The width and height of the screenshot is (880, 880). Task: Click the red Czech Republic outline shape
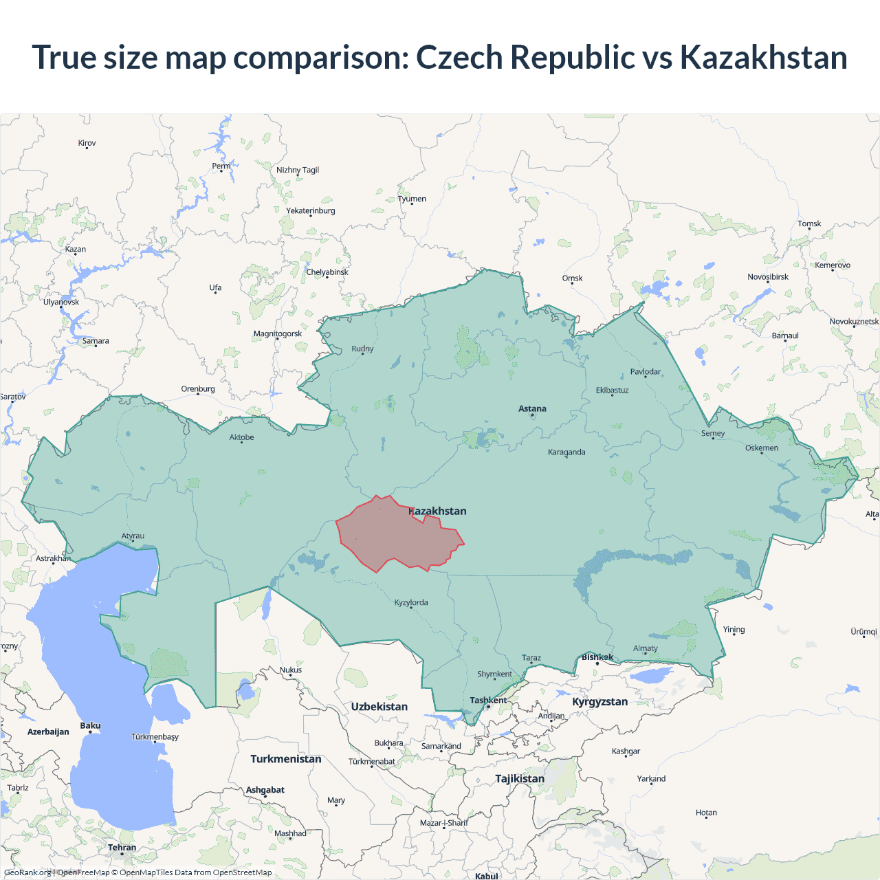(x=392, y=536)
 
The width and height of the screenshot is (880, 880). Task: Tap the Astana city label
(x=532, y=408)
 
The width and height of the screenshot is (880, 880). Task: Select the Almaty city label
(x=645, y=648)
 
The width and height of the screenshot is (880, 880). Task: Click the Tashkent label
(x=488, y=701)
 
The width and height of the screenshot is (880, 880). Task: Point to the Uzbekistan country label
(x=379, y=707)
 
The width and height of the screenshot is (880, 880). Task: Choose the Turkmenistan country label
(x=285, y=759)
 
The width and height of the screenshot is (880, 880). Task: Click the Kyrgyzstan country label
(x=599, y=702)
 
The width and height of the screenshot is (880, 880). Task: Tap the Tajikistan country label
(x=520, y=779)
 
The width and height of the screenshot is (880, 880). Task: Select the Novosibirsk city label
(x=768, y=277)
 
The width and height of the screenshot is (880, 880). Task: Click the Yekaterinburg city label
(x=311, y=211)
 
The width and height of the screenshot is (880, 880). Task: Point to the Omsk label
(x=572, y=278)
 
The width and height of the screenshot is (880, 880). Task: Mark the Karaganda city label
(x=566, y=452)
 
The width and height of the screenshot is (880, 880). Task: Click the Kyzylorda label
(x=411, y=603)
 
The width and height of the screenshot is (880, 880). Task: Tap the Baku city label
(x=90, y=726)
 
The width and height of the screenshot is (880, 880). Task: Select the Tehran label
(x=122, y=848)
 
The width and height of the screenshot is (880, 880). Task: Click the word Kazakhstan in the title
(x=763, y=57)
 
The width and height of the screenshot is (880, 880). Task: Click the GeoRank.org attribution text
(x=27, y=872)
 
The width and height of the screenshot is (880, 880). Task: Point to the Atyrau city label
(x=133, y=536)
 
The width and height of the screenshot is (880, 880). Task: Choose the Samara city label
(x=96, y=341)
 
